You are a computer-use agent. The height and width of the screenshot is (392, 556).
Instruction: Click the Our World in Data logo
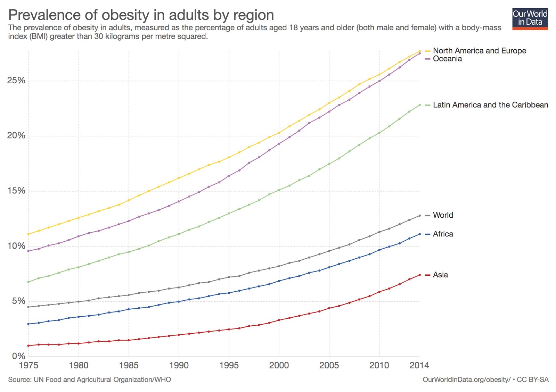point(530,19)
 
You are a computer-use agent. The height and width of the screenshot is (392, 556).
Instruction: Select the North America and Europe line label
point(479,51)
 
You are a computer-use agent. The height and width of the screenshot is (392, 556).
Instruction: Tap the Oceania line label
point(447,59)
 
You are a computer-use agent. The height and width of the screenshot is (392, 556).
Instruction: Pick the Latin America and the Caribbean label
point(490,105)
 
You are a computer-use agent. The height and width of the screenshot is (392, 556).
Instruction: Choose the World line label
point(443,215)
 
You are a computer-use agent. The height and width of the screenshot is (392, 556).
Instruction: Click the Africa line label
point(443,234)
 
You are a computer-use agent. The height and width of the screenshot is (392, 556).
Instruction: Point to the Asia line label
point(440,275)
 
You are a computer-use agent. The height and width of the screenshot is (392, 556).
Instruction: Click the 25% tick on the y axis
point(16,81)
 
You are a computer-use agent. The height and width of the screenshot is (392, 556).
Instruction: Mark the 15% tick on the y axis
point(16,191)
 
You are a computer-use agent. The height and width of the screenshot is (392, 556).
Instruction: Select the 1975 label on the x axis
point(28,365)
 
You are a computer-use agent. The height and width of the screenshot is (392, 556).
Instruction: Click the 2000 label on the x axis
point(279,365)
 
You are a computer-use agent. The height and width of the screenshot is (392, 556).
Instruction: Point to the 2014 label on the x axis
point(419,365)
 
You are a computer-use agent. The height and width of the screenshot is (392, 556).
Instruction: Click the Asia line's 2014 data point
point(419,275)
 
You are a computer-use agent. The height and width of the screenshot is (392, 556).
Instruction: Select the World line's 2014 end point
point(419,216)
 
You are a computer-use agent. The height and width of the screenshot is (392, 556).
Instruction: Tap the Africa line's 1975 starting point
point(28,324)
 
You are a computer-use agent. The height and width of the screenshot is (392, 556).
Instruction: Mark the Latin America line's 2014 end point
point(419,105)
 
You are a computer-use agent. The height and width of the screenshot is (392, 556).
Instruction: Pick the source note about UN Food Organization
point(90,380)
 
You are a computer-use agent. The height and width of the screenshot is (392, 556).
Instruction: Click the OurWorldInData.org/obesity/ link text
point(466,380)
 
